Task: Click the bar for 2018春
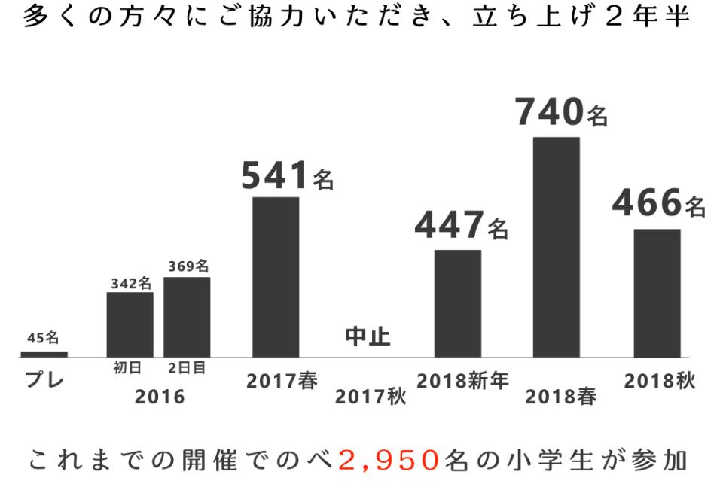pos(557,246)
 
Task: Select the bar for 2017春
pos(276,276)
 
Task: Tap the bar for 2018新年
pos(458,303)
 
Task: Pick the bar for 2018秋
pos(657,292)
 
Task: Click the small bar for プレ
pos(43,354)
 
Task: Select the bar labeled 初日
pos(130,324)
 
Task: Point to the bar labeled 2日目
pos(187,316)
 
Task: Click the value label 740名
pos(561,113)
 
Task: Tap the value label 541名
pos(287,177)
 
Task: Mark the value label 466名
pos(658,204)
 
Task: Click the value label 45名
pos(42,338)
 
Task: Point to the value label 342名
pos(131,283)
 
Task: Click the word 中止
pos(368,336)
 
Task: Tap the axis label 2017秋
pos(370,397)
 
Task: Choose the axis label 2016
pos(160,397)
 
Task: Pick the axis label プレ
pos(44,380)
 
